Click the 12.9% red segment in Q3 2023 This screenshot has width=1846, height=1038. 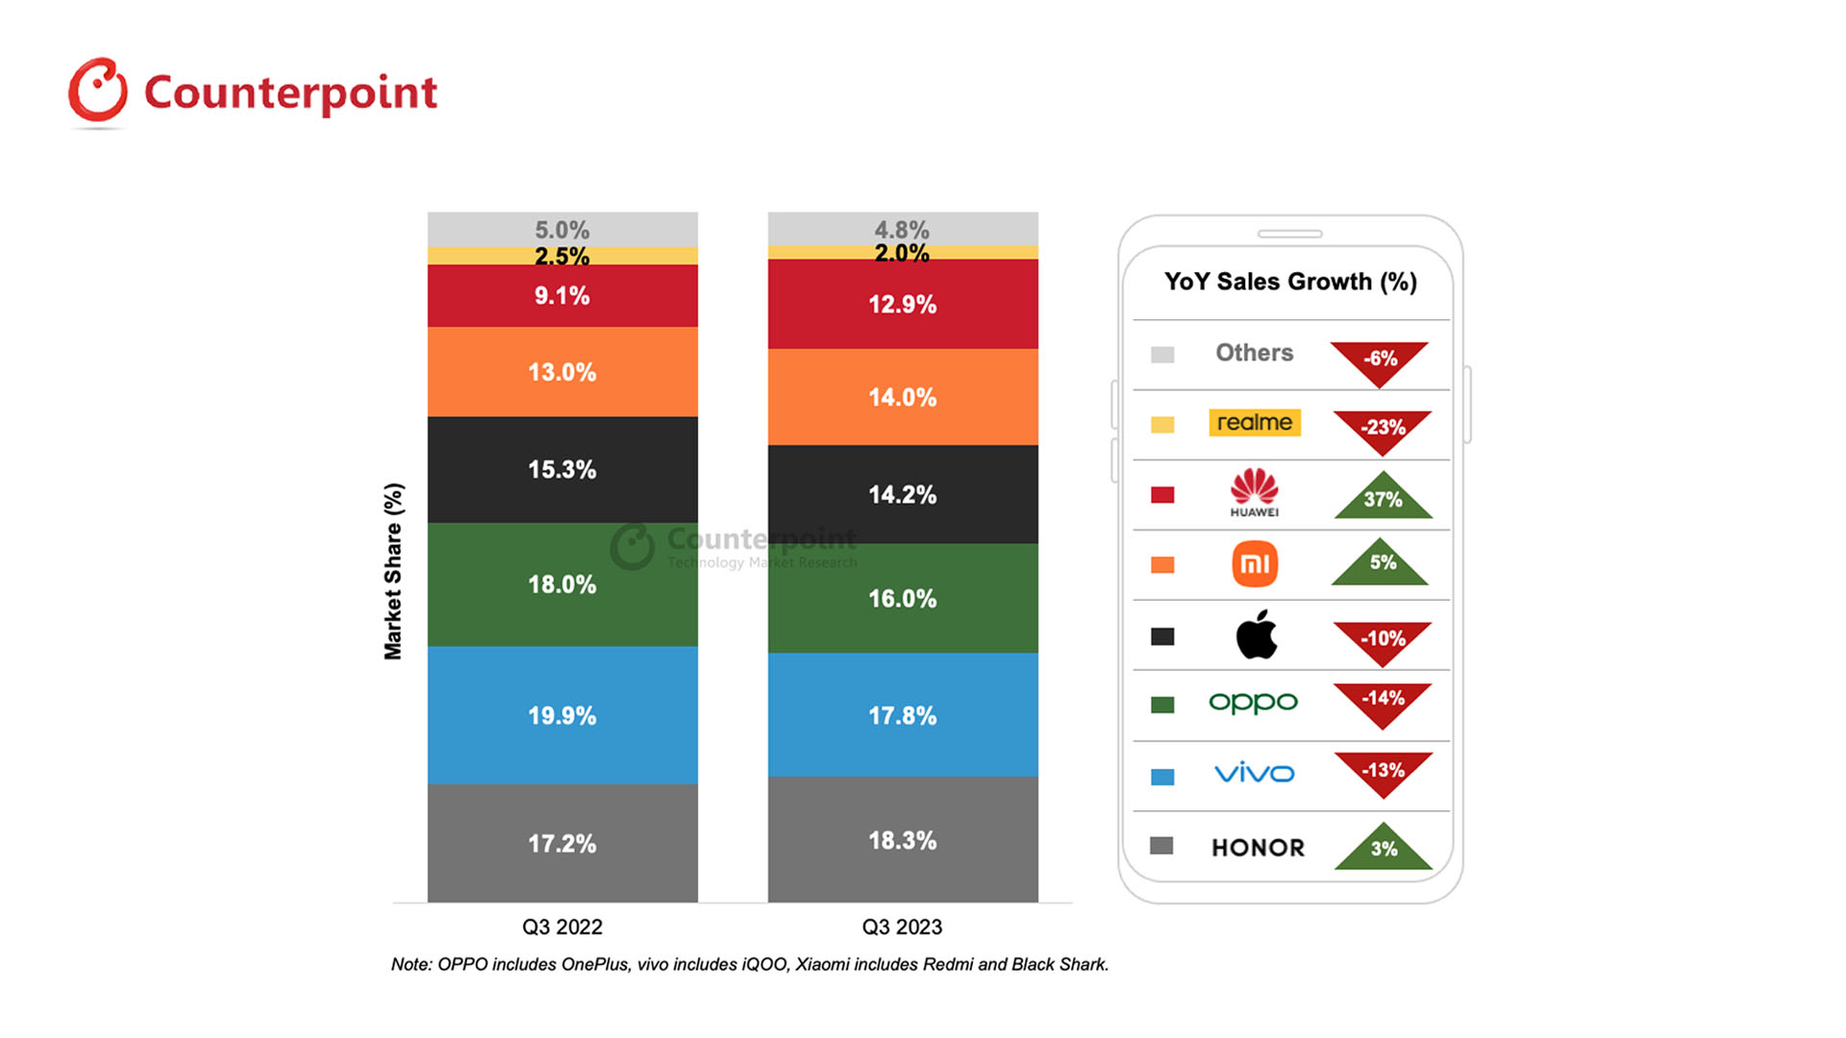click(x=902, y=304)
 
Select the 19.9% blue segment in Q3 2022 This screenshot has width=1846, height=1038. click(x=562, y=715)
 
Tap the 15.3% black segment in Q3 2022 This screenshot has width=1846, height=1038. click(x=562, y=469)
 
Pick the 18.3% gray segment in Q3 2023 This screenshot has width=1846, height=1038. click(x=902, y=840)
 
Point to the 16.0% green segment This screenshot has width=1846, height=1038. click(x=902, y=598)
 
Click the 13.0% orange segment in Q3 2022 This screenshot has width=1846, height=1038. click(x=562, y=372)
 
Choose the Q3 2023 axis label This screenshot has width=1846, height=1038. click(x=902, y=927)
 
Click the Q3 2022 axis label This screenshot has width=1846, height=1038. click(x=562, y=927)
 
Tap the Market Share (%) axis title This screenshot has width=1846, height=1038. click(x=393, y=571)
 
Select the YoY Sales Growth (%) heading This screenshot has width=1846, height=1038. click(x=1290, y=282)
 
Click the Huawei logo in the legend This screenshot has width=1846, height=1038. click(x=1255, y=492)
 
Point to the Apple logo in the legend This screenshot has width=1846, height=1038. click(x=1256, y=634)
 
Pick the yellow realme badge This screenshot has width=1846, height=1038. click(x=1255, y=423)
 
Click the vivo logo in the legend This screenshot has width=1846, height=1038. click(x=1255, y=773)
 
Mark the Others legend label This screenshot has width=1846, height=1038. click(x=1255, y=353)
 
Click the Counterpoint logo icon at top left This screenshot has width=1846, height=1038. click(x=97, y=91)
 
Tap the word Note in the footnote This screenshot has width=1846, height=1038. click(x=411, y=964)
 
